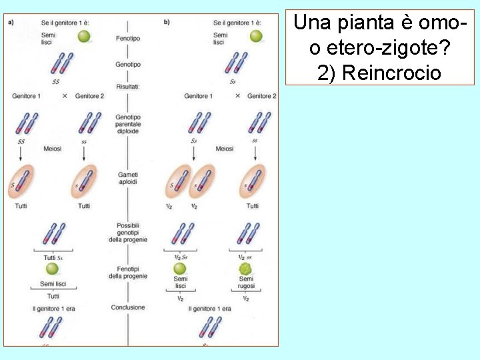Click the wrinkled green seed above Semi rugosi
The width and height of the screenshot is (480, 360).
pos(246,269)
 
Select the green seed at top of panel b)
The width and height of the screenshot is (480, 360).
pos(256,36)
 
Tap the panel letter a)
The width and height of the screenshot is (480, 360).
pos(11,22)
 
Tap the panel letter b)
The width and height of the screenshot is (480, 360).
pos(167,22)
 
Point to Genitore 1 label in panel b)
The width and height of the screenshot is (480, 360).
pos(198,96)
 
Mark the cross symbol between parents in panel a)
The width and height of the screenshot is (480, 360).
pos(65,96)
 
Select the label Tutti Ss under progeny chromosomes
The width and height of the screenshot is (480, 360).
pos(53,257)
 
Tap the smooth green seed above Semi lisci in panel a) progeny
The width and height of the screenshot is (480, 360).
pos(53,269)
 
